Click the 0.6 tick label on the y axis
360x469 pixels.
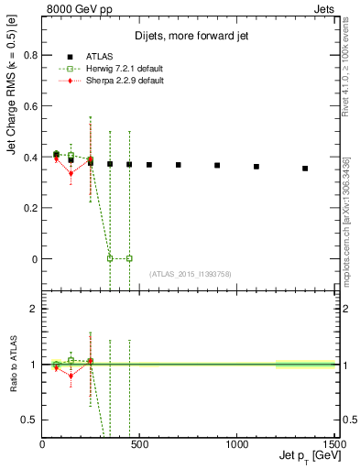30,105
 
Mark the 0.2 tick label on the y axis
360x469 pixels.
30,208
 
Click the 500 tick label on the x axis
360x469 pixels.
139,444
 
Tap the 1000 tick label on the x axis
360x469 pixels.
236,444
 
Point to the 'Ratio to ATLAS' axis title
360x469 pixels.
14,364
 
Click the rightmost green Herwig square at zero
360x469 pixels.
129,258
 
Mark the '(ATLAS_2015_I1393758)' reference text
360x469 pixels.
191,274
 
